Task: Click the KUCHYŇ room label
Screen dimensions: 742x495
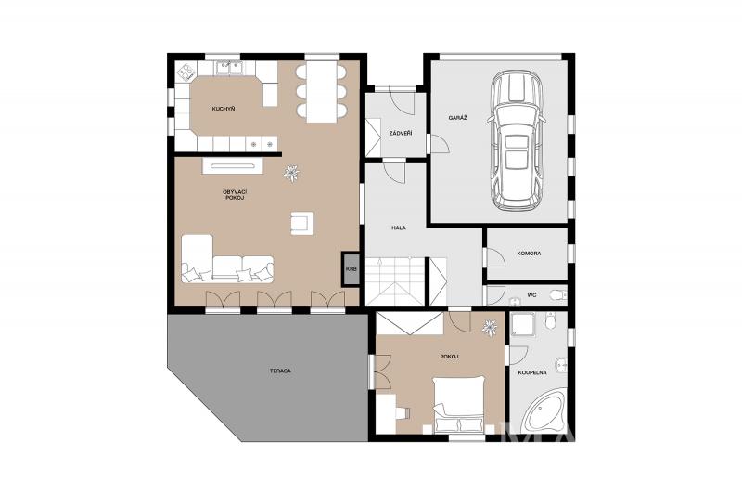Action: click(224, 109)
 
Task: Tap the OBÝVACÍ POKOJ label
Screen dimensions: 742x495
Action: click(235, 195)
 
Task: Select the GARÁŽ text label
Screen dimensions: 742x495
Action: click(457, 117)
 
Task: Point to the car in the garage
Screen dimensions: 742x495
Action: click(516, 140)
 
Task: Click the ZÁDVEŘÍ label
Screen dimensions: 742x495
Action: click(401, 133)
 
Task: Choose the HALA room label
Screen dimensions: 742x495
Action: click(399, 228)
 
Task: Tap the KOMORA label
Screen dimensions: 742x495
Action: click(529, 254)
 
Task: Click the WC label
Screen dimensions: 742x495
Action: click(531, 295)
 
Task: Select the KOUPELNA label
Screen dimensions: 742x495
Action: click(532, 372)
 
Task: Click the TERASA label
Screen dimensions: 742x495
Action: click(280, 371)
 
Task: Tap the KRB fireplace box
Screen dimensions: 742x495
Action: click(351, 269)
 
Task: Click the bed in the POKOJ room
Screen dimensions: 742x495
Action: click(459, 404)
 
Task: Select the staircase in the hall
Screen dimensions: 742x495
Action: click(395, 281)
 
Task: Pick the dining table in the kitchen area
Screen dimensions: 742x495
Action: click(321, 91)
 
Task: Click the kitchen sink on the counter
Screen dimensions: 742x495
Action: click(229, 68)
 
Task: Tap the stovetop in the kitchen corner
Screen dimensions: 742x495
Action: click(186, 72)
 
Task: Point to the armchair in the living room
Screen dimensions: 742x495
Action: click(302, 223)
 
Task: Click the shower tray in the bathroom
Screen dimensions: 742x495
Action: click(524, 324)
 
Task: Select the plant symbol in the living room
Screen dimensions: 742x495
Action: click(290, 174)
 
